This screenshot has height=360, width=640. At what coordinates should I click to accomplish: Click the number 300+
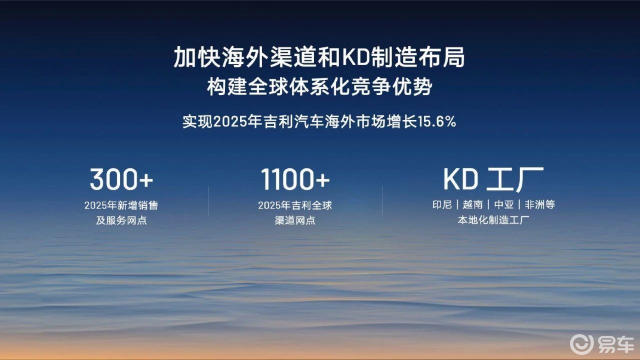pos(121,179)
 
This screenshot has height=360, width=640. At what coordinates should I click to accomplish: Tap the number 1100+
pos(295,179)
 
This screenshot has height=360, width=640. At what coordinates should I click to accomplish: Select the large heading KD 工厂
pos(493,179)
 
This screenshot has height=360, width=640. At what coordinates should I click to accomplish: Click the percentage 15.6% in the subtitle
pos(436,121)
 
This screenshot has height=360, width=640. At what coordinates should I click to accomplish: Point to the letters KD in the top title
pos(354,57)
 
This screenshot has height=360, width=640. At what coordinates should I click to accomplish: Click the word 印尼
pos(442,204)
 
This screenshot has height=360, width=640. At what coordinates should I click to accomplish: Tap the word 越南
pos(472,204)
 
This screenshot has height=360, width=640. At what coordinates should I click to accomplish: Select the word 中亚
pos(503,204)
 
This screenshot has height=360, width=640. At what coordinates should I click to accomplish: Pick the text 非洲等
pos(539,204)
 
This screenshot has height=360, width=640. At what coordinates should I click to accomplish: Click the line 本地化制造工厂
pos(493,220)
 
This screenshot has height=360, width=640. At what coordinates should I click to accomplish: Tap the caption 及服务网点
pos(121,220)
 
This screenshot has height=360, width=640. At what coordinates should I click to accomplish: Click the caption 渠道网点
pos(295,220)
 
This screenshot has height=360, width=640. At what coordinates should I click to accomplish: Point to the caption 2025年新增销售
pos(121,205)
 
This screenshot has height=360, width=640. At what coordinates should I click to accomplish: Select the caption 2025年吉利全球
pos(295,205)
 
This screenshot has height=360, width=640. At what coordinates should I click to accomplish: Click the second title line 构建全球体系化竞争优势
pos(319,86)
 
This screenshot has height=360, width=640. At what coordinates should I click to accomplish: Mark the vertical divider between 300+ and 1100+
pos(208,200)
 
